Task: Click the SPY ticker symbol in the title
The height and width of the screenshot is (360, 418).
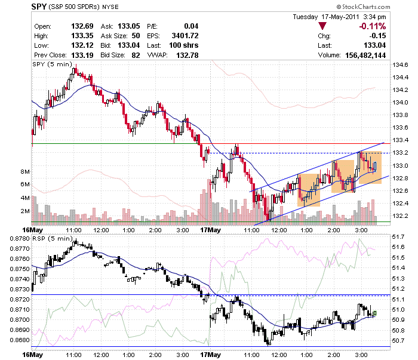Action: tap(39, 7)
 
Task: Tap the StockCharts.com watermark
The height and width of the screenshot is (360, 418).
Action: tap(363, 7)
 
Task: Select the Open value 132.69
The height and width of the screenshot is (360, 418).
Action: tap(82, 26)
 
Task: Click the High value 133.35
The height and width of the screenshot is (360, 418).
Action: tap(82, 36)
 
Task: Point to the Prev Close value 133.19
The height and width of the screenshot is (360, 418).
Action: tap(82, 55)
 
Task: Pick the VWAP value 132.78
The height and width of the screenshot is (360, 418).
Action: tap(187, 55)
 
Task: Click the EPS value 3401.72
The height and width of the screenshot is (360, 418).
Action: tap(185, 36)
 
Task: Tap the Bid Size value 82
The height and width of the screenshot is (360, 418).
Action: tap(136, 55)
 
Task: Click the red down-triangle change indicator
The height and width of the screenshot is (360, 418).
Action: tap(322, 26)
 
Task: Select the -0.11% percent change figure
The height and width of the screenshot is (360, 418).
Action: tap(373, 26)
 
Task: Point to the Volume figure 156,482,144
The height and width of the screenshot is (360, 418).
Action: tap(365, 55)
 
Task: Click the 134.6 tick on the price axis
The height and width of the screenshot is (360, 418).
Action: tap(400, 64)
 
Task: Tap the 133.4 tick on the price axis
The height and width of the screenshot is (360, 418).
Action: tap(400, 140)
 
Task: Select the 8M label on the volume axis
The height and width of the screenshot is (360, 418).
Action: tap(25, 171)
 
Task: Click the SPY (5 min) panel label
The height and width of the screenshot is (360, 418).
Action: tap(53, 64)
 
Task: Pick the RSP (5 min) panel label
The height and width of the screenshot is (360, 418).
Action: tap(53, 238)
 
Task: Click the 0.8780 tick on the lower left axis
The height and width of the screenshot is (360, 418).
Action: tap(20, 238)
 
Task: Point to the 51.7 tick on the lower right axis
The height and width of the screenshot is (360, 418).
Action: tap(398, 237)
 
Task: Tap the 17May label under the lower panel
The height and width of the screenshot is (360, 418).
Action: tap(211, 355)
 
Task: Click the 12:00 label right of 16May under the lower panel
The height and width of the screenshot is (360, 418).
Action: tap(102, 355)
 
